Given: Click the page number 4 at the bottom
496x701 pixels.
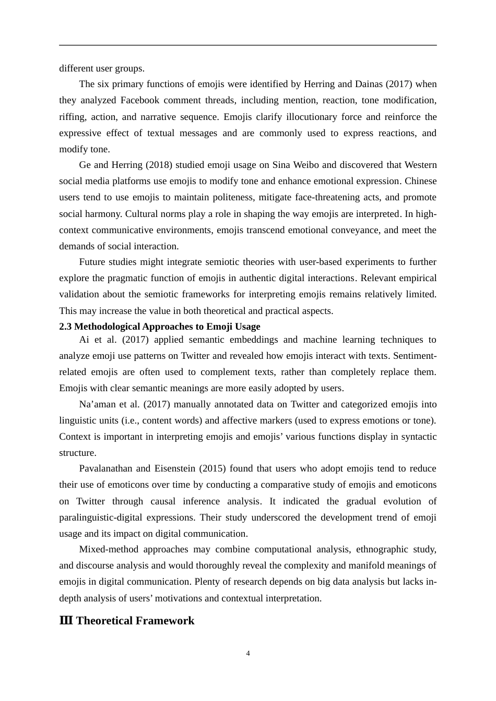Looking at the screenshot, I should coord(248,654).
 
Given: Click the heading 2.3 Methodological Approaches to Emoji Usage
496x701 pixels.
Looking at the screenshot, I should coord(159,327).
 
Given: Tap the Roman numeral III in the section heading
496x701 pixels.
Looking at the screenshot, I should coord(66,621).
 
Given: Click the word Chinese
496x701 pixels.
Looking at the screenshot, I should coord(421,181).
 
